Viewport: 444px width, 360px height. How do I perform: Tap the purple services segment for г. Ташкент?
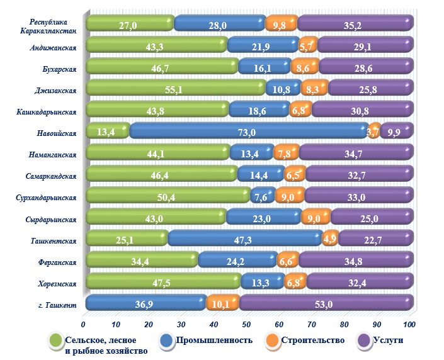tap(326, 303)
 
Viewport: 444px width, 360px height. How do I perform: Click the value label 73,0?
tap(249, 132)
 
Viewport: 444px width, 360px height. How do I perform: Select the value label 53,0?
tap(327, 303)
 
